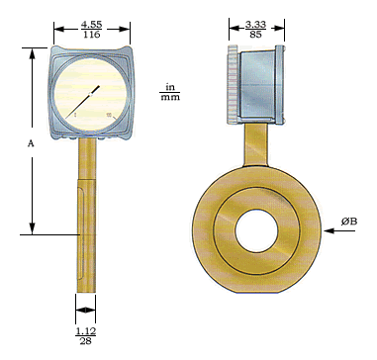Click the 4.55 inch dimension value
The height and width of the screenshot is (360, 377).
pyautogui.click(x=91, y=25)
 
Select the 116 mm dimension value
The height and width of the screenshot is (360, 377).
pyautogui.click(x=91, y=35)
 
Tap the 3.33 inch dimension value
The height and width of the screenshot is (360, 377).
pyautogui.click(x=255, y=24)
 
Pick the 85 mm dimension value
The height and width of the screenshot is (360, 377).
pyautogui.click(x=255, y=35)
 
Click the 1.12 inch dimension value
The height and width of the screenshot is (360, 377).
pyautogui.click(x=85, y=331)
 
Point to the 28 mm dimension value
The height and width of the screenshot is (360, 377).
pyautogui.click(x=85, y=341)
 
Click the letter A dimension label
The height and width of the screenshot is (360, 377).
pyautogui.click(x=31, y=143)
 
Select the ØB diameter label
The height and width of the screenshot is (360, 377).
pyautogui.click(x=349, y=222)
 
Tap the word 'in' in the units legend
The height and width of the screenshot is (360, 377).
pyautogui.click(x=170, y=87)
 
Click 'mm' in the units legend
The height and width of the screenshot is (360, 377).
pyautogui.click(x=170, y=97)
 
